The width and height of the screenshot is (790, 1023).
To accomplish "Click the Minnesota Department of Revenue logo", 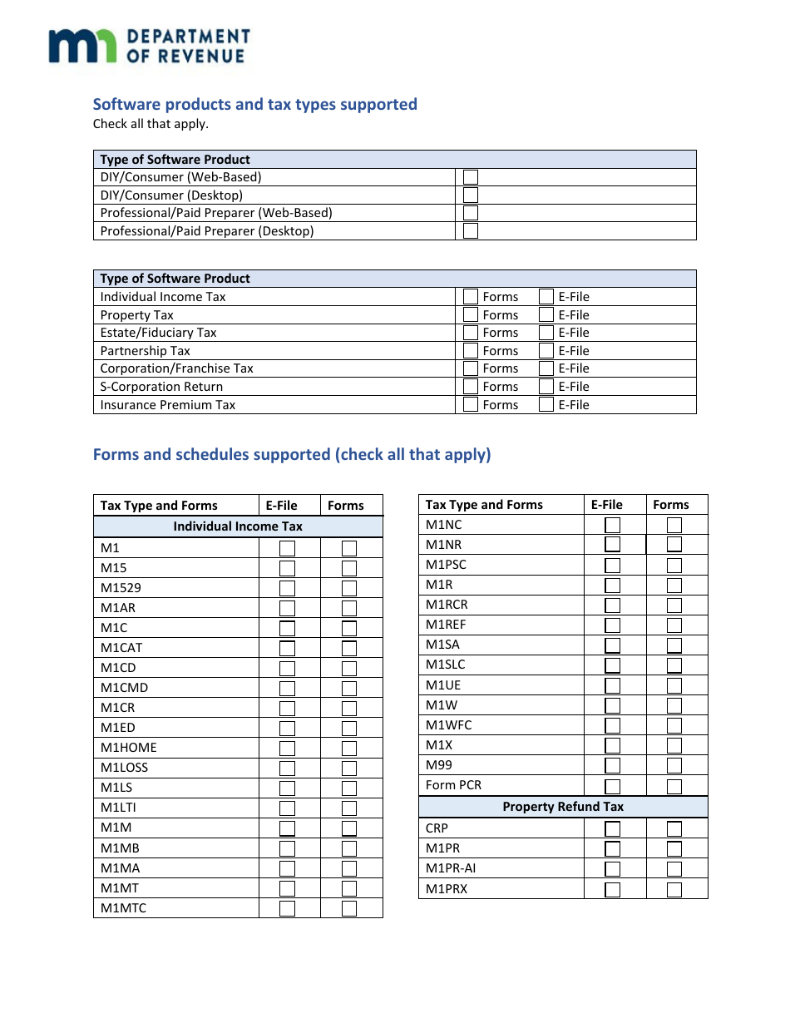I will pos(149,46).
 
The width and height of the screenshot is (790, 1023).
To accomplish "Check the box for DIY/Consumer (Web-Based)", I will pos(471,177).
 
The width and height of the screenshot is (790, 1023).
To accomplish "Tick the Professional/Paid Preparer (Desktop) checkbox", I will pos(471,231).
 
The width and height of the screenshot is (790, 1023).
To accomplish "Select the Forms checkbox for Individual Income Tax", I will pos(471,297).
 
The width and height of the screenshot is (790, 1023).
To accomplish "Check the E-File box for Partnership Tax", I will pos(546,351).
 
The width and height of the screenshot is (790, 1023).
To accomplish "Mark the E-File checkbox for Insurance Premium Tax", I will pos(546,405).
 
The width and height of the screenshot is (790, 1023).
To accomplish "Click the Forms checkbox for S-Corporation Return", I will pos(471,387).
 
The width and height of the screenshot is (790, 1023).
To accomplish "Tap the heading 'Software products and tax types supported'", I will pos(254,104).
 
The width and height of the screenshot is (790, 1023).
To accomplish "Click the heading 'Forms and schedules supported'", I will pos(291,454).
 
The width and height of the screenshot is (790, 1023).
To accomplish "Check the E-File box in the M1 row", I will pos(287,549).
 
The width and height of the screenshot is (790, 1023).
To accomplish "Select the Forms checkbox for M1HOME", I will pos(349,749).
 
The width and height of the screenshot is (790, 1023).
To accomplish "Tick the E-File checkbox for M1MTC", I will pos(287,908).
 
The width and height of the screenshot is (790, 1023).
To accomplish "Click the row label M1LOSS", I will pos(124,768).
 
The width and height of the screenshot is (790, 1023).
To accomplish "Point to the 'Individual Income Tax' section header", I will pos(238,526).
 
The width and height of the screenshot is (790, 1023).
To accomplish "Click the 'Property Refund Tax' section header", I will pos(563,807).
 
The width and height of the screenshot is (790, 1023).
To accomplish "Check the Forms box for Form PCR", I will pos(674,786).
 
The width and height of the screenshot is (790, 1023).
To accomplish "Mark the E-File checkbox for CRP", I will pos(613,829).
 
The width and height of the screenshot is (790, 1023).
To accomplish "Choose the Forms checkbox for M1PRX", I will pos(674,890).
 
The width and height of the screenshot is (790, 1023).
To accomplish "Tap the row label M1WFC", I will pos(448,725).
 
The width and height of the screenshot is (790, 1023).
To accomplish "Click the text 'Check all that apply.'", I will pos(151,124).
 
